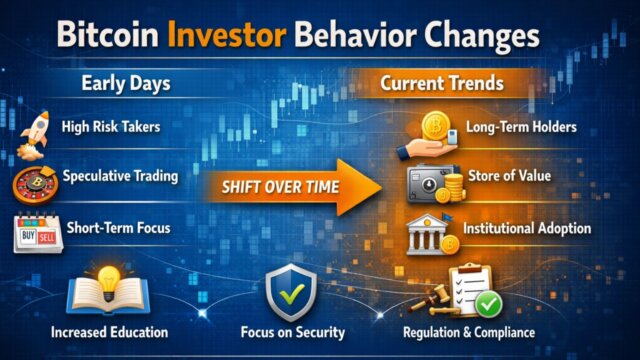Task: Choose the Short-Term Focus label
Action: [x=117, y=229]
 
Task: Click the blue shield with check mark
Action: [x=291, y=293]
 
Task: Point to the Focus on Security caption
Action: [x=293, y=332]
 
